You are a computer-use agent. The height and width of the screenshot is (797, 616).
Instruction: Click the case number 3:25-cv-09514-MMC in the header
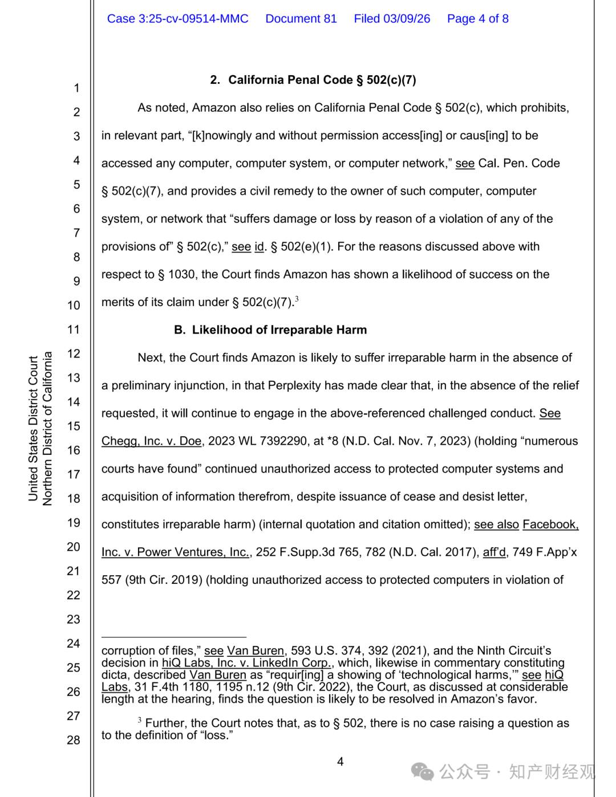coord(177,19)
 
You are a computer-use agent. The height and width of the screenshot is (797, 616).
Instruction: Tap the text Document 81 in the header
coord(301,19)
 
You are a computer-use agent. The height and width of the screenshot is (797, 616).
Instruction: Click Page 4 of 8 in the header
coord(477,19)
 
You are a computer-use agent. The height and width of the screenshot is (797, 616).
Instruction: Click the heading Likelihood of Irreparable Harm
coord(279,330)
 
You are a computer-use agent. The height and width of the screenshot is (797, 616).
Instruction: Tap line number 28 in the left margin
coord(74,740)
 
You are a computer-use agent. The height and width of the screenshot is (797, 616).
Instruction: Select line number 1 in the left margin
coord(76,88)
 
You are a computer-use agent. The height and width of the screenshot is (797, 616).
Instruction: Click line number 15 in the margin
coord(74,426)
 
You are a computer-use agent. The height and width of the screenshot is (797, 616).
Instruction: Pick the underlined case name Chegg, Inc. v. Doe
coord(151,441)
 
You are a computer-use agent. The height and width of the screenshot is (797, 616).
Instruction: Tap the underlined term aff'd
coord(494,552)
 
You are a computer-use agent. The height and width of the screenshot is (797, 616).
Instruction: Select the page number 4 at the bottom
coord(341,762)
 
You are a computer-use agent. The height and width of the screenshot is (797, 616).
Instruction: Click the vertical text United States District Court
coord(33,429)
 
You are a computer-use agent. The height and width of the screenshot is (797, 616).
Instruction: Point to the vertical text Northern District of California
coord(47,429)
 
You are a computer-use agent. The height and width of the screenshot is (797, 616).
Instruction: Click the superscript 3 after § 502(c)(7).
coord(297,299)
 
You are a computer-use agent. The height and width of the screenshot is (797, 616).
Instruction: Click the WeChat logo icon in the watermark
coord(423,772)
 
